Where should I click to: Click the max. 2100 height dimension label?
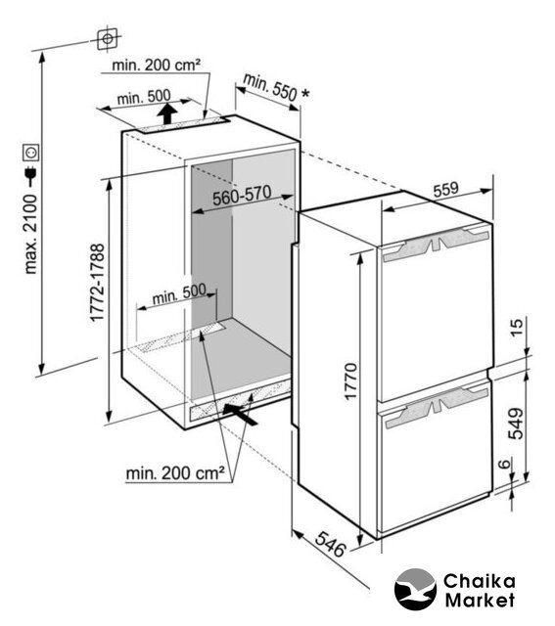30,234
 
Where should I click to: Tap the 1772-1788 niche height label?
97,283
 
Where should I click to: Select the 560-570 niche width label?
242,196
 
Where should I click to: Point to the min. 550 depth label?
275,89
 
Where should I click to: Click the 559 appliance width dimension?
446,189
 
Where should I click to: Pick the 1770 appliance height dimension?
350,381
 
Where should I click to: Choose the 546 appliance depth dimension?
330,545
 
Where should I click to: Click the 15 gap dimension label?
517,329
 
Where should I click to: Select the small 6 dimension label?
505,464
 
